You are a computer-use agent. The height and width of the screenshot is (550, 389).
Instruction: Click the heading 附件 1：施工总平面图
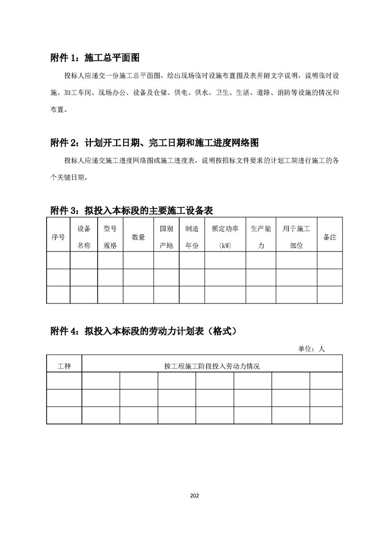(95, 58)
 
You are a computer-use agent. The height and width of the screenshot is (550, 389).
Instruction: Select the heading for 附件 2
(155, 143)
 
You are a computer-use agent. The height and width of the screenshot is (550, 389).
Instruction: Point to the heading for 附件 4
(146, 331)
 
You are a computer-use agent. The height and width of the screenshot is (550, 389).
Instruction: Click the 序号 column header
(58, 237)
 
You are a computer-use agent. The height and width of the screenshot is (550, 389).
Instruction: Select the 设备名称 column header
(84, 237)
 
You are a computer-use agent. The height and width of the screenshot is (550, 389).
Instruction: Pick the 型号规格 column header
(110, 237)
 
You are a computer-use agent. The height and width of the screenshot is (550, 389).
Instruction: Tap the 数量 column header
(138, 237)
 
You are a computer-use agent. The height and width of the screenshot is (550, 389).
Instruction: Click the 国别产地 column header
(166, 237)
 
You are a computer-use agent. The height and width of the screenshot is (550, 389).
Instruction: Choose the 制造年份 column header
(192, 237)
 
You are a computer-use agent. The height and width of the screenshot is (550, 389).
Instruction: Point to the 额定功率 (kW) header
(225, 237)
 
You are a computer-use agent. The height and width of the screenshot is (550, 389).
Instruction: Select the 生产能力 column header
(261, 237)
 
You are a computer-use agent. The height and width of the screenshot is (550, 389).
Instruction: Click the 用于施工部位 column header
(296, 237)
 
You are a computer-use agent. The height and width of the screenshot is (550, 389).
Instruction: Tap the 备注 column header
(330, 237)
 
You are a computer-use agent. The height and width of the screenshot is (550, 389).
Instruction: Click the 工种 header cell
(64, 366)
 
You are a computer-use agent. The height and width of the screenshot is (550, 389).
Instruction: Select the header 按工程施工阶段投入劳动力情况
(212, 366)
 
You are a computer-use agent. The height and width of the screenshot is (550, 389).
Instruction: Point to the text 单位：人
(311, 349)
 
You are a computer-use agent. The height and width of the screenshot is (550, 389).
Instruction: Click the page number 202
(194, 496)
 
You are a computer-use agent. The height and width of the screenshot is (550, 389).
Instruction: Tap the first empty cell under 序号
(58, 260)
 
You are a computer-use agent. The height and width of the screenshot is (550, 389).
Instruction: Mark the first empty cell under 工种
(64, 381)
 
